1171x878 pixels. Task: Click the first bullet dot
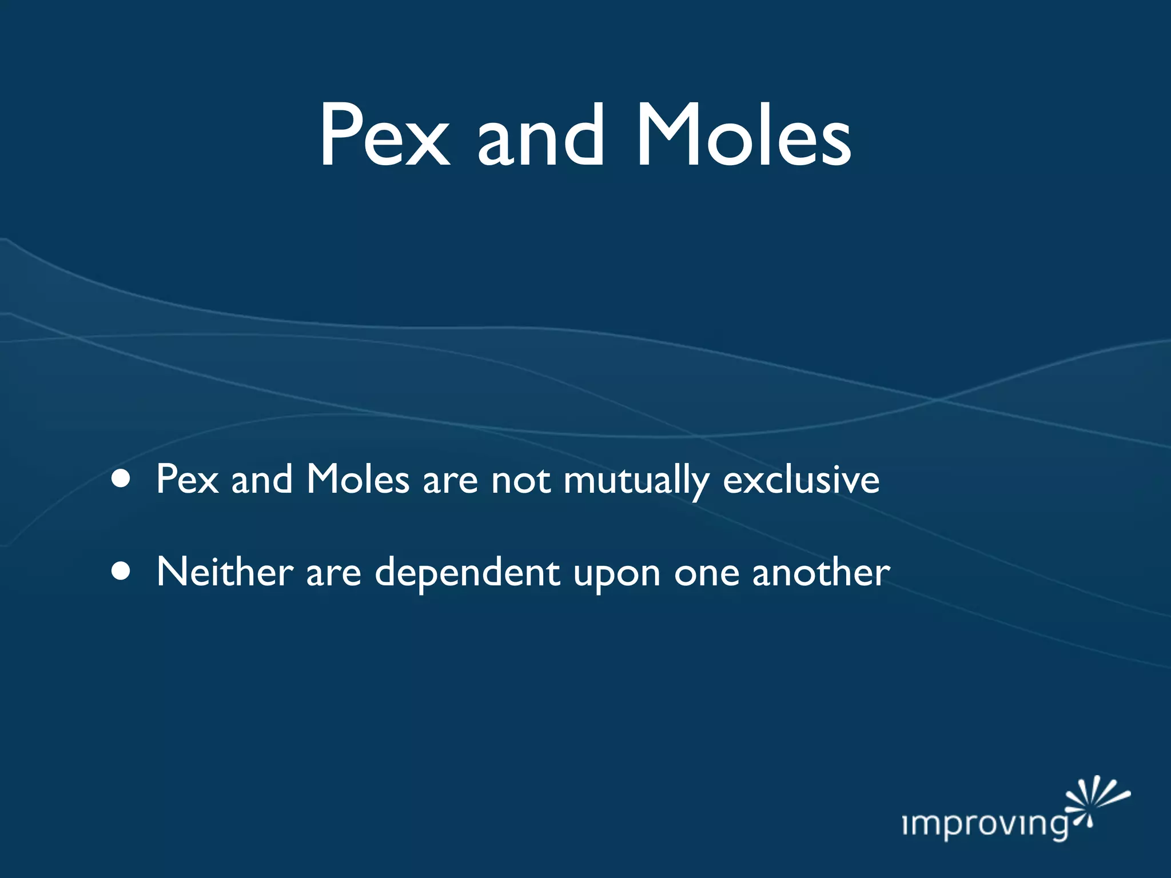pos(121,479)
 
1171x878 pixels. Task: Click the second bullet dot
pos(121,571)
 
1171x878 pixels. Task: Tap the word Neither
pos(225,571)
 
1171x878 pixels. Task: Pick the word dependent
pos(467,573)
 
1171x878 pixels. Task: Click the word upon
pos(617,574)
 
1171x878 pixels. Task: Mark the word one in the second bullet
pos(707,573)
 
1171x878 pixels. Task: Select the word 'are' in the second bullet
pos(333,573)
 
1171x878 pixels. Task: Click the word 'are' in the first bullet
pos(450,481)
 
